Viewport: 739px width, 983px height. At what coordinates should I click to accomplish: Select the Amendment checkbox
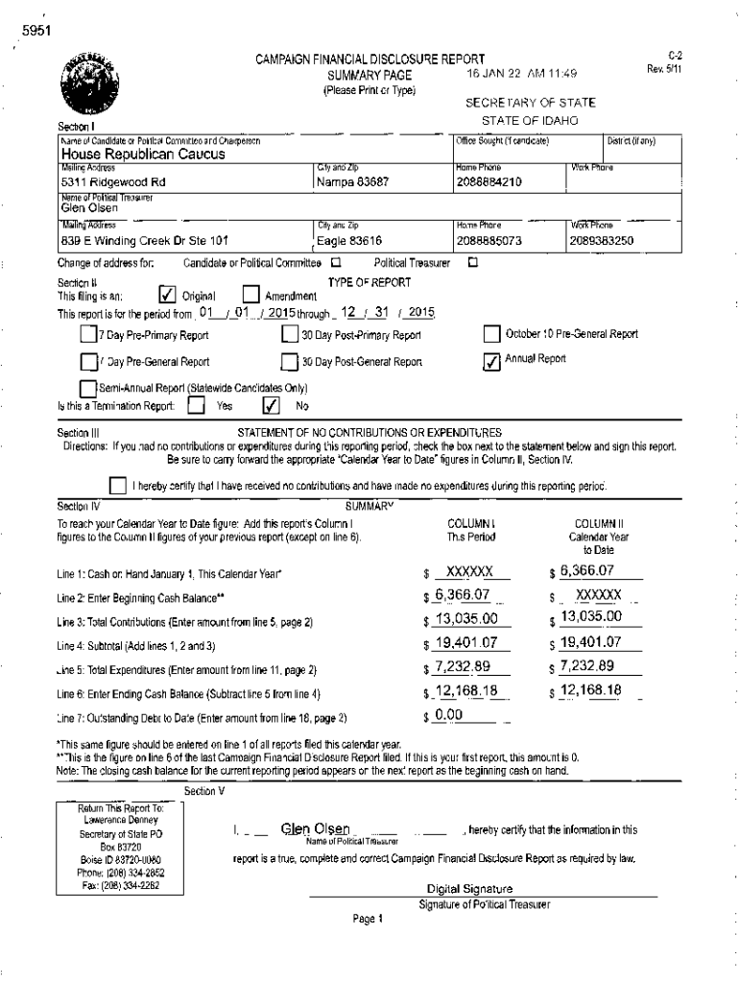click(x=251, y=295)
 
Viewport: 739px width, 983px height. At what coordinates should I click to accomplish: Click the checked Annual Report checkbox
click(x=490, y=360)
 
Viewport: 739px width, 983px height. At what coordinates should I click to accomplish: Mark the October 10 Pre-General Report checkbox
click(x=490, y=334)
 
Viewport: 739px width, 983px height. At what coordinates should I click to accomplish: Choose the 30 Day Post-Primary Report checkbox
click(x=289, y=335)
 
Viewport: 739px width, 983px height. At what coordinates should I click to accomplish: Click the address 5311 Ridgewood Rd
click(x=113, y=181)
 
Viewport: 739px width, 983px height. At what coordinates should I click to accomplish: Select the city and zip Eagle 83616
click(x=349, y=241)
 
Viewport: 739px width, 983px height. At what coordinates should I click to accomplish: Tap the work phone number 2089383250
click(x=602, y=241)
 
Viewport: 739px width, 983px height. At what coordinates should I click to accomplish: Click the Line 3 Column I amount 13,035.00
click(x=466, y=618)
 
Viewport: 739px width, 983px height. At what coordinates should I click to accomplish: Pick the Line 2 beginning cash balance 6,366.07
click(x=463, y=595)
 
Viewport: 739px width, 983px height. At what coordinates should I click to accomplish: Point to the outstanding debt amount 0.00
click(x=449, y=715)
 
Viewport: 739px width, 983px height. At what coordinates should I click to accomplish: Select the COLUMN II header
click(x=600, y=523)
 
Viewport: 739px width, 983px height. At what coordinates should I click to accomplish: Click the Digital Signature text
click(x=469, y=889)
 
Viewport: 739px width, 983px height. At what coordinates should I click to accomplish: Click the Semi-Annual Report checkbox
click(x=88, y=388)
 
